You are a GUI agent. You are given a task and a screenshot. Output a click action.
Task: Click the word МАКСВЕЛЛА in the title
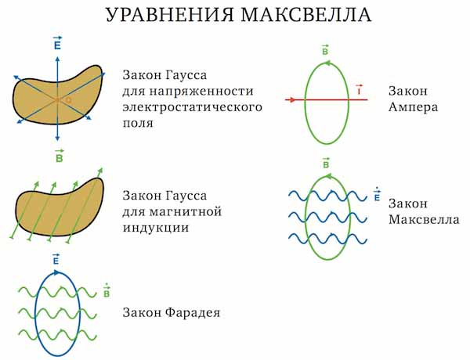[306, 14]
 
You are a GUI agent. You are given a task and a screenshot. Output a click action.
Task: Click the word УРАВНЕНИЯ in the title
[170, 14]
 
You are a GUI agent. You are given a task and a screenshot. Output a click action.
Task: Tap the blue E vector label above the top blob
[57, 43]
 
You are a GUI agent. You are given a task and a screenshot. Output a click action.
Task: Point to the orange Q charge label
[68, 100]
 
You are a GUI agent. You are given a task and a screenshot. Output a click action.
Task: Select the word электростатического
[193, 107]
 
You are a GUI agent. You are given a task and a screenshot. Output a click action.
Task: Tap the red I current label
[359, 89]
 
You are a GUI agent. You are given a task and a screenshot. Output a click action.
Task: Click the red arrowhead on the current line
[291, 99]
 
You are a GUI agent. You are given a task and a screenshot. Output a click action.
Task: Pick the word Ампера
[413, 107]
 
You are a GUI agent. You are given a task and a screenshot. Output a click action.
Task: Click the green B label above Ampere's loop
[325, 50]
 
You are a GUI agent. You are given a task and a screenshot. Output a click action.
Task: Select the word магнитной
[186, 212]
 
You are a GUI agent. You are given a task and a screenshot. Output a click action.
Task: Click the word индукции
[156, 229]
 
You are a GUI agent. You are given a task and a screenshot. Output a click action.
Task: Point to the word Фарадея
[193, 313]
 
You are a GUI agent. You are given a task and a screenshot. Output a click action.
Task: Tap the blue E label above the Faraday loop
[56, 259]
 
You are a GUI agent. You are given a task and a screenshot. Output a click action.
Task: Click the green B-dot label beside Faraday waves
[107, 291]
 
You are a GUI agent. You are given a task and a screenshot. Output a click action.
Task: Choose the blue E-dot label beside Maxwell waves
[377, 195]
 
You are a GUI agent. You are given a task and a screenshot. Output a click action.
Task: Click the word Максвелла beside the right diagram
[424, 220]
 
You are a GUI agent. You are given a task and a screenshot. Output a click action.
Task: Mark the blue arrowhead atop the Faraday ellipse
[56, 272]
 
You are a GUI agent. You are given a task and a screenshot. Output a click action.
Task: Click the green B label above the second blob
[60, 156]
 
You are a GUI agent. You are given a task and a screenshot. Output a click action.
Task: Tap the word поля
[138, 123]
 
